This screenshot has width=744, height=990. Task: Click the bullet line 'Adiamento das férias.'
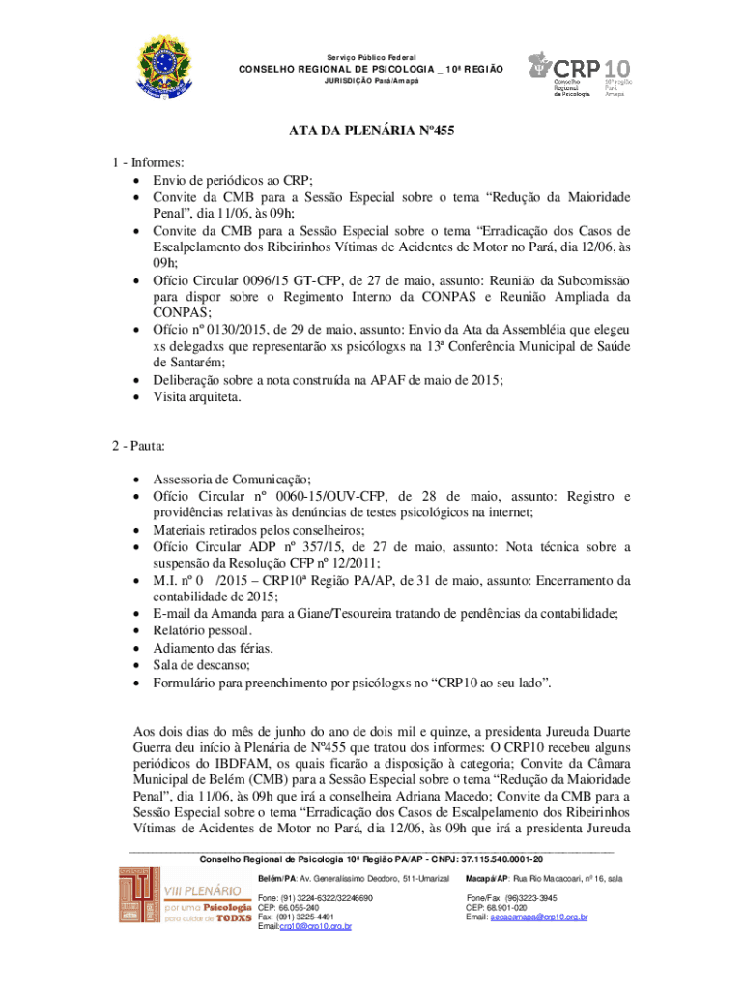(x=213, y=648)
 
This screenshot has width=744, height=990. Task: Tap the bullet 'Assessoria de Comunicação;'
(x=232, y=479)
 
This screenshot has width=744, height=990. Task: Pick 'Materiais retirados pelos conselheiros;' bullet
(x=259, y=530)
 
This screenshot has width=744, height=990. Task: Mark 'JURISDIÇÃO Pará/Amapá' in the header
(x=371, y=80)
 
